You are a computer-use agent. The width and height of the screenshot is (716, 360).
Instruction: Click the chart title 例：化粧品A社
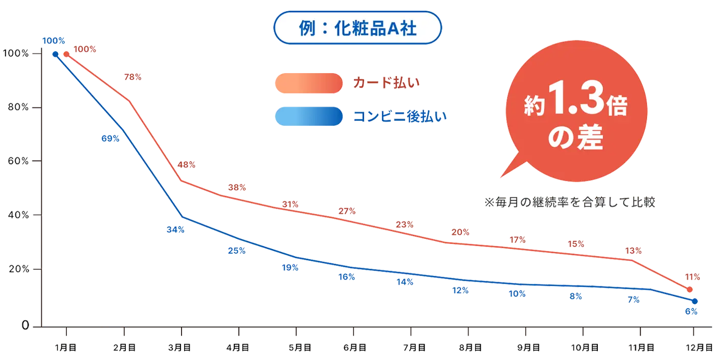coord(357,28)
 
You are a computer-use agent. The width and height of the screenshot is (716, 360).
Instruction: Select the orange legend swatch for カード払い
coord(308,83)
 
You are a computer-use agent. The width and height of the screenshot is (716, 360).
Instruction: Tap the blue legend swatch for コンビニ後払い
coord(308,117)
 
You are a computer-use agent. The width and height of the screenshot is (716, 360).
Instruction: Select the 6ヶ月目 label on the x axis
coord(355,348)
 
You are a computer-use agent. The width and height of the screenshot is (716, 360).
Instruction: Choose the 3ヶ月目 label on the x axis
coord(180,348)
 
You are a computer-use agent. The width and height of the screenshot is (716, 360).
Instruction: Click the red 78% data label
coord(133,78)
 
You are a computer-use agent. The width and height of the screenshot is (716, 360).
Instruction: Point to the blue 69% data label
coord(110,138)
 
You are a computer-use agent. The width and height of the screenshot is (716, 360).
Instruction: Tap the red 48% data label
coord(186,165)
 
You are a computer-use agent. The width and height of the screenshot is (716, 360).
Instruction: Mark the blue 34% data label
coord(175,230)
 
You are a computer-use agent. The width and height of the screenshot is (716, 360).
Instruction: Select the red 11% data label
coord(691,277)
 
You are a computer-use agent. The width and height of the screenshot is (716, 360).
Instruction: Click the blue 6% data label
coord(691,311)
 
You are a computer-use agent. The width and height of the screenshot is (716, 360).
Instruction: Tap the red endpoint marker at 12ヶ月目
coord(689,290)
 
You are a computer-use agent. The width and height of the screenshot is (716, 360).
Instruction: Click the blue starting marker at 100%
coord(55,53)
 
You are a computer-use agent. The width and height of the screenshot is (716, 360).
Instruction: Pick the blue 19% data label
coord(290,267)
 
